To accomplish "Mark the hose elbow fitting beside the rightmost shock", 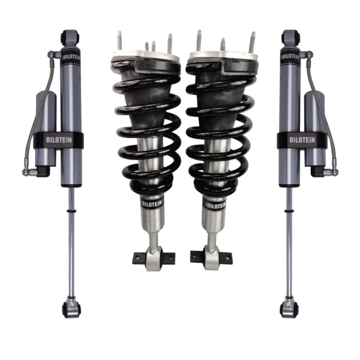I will click(332, 172).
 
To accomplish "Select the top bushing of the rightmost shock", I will click(290, 37).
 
